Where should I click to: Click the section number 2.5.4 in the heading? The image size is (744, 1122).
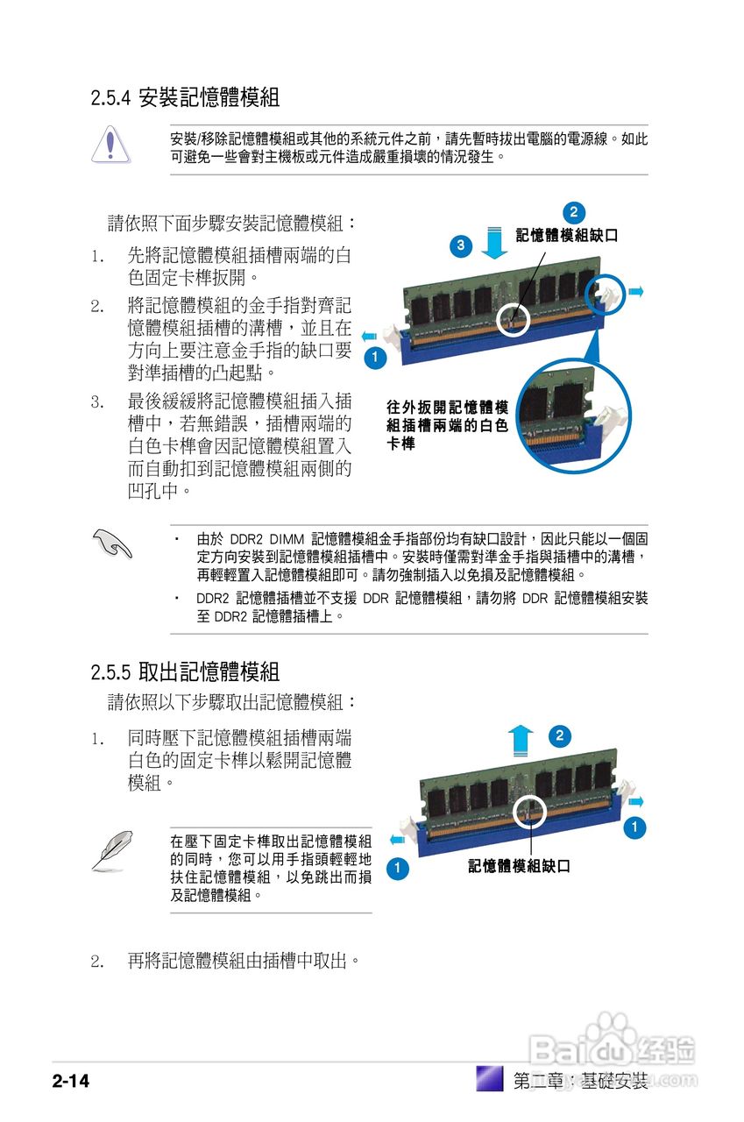click(110, 98)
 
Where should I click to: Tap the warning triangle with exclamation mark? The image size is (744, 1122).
click(110, 145)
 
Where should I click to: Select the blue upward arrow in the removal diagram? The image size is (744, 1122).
click(522, 740)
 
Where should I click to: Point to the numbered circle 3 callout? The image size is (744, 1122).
click(461, 245)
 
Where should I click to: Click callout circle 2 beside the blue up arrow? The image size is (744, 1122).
click(559, 735)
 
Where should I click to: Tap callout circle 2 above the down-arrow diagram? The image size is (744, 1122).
click(572, 212)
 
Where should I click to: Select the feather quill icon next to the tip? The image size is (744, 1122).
click(111, 850)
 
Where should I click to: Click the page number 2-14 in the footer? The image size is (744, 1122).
click(71, 1080)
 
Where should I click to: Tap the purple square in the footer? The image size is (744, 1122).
click(489, 1078)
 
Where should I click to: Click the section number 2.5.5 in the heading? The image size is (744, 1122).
click(110, 672)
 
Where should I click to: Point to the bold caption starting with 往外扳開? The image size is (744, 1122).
click(447, 425)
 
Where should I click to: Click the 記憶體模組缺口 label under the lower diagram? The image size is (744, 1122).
click(519, 866)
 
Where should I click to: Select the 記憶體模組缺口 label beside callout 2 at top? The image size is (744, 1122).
click(566, 235)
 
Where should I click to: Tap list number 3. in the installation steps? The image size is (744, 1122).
click(97, 401)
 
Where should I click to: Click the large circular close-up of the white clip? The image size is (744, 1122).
click(572, 417)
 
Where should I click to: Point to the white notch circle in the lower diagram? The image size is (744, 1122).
click(529, 812)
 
